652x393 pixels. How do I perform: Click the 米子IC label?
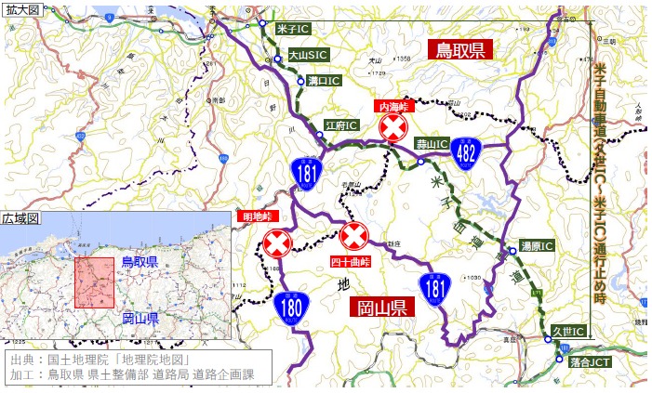[294, 30]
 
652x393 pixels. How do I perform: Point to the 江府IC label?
[341, 124]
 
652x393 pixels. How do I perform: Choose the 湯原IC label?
[538, 247]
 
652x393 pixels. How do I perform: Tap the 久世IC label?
[566, 331]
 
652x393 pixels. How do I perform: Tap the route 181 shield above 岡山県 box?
[434, 289]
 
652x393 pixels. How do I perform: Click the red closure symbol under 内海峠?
[394, 127]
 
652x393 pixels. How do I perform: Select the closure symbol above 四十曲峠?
[353, 237]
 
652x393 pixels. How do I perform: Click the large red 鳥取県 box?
[461, 50]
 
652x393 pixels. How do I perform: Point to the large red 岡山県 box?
[381, 308]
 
